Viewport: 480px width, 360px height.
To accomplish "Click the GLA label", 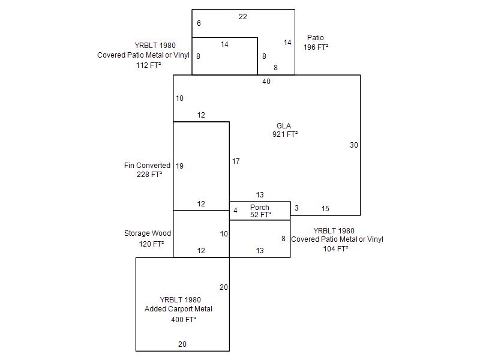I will [284, 126].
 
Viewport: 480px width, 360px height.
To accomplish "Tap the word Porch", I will [260, 208].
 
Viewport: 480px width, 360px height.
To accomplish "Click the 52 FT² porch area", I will [261, 215].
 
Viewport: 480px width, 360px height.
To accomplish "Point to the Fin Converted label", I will [147, 166].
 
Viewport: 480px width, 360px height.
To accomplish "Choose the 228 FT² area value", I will [150, 175].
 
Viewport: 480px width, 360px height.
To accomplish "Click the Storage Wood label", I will [148, 233].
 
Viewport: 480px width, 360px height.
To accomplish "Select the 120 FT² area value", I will [152, 244].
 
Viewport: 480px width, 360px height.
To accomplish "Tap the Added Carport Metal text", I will [178, 309].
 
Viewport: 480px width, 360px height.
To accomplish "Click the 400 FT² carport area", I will [184, 320].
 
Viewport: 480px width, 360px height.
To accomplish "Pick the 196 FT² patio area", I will [316, 47].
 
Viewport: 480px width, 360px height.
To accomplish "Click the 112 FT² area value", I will [148, 65].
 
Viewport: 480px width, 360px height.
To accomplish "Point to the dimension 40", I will [266, 82].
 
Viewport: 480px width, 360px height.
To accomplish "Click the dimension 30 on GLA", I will [354, 145].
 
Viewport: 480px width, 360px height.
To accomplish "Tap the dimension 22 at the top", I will [242, 17].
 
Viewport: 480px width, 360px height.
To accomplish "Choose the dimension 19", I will [179, 166].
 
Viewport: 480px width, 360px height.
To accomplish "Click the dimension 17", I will [236, 161].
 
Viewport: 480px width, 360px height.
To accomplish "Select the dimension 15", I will [325, 209].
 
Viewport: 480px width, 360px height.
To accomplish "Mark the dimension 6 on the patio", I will [199, 23].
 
